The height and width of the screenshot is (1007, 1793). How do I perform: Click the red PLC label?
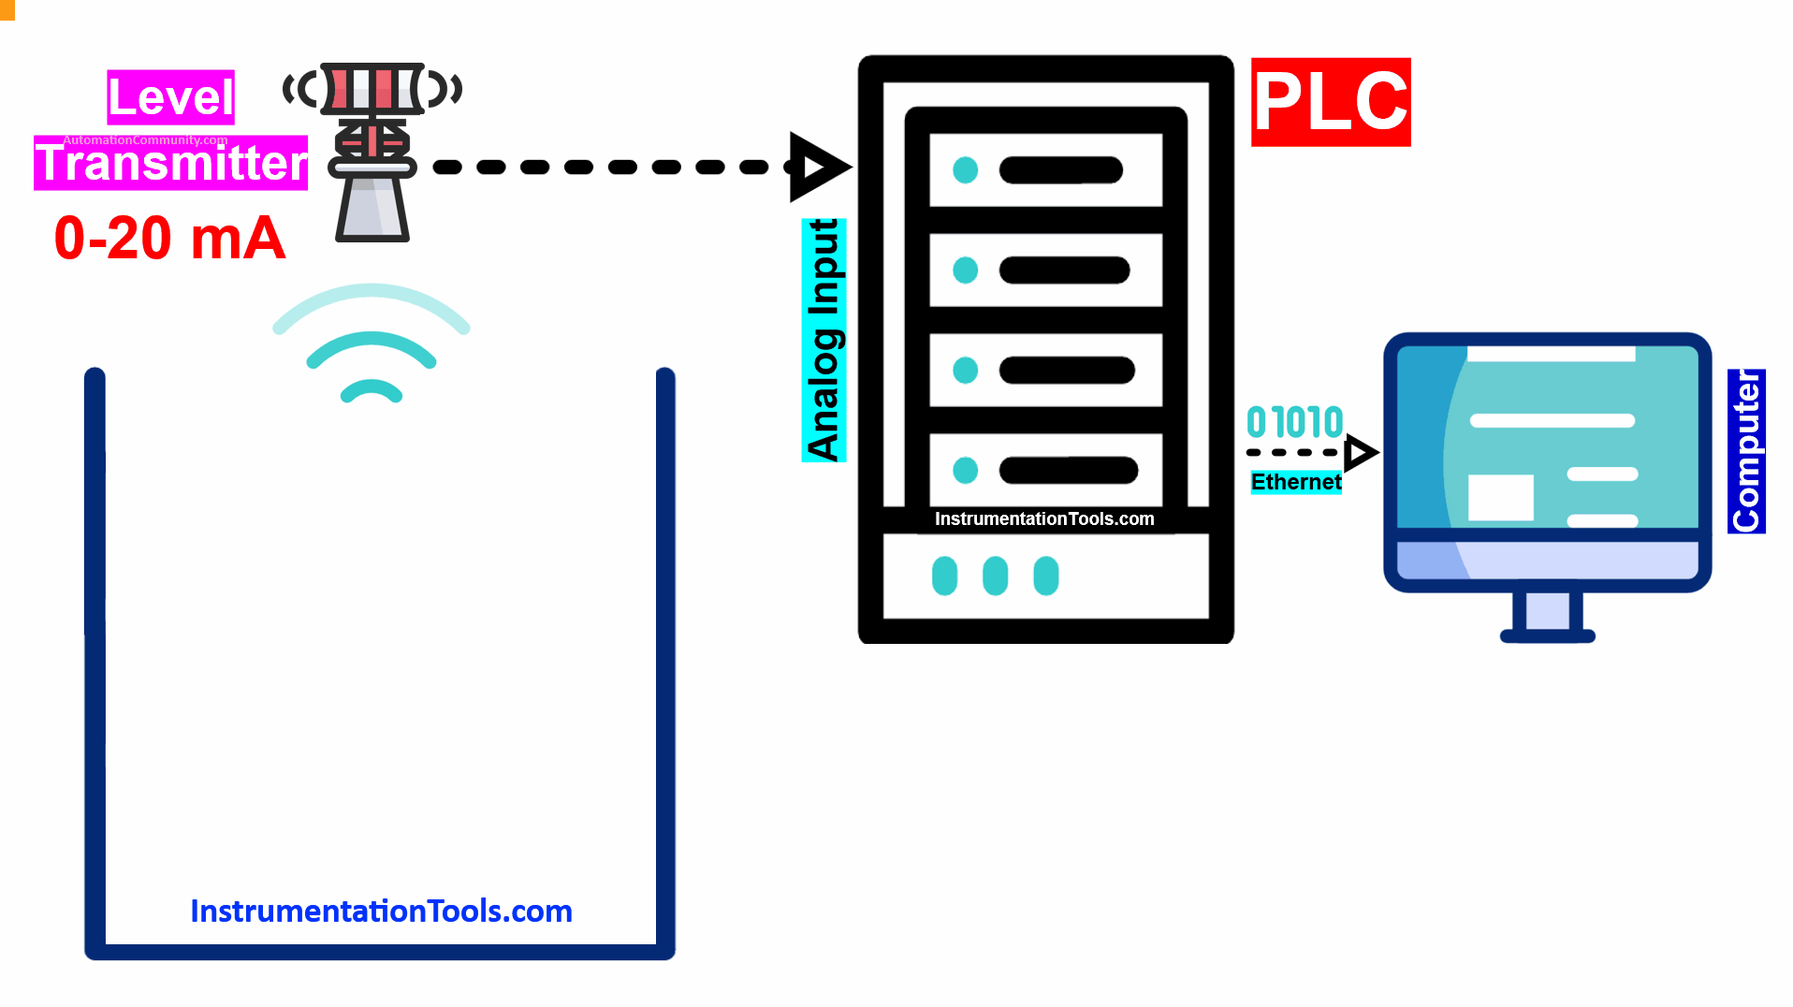tap(1330, 102)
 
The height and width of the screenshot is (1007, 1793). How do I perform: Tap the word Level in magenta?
tap(170, 97)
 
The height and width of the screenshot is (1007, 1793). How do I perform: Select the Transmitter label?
tap(171, 163)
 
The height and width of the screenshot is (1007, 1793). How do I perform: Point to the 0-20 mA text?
tap(169, 238)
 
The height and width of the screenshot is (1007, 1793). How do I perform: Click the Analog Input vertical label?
tap(824, 340)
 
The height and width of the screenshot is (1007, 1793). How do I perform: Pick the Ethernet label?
tap(1296, 482)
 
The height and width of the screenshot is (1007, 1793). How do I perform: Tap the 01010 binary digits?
tap(1295, 422)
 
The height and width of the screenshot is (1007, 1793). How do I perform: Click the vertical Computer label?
tap(1746, 451)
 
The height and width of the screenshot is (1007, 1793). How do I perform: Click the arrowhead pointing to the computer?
tap(1360, 453)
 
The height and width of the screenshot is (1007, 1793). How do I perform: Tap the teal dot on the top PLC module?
tap(965, 170)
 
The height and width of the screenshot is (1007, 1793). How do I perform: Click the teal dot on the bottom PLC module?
tap(965, 470)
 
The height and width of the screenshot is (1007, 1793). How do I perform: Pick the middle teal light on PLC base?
tap(995, 576)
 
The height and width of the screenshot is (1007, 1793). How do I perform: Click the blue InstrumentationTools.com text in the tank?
tap(381, 911)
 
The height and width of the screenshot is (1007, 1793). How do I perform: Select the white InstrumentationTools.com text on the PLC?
tap(1044, 518)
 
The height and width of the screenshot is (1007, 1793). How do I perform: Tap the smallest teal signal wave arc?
tap(372, 390)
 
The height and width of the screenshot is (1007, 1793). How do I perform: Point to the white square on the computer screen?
tap(1500, 497)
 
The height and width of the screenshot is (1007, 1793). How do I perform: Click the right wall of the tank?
tap(665, 655)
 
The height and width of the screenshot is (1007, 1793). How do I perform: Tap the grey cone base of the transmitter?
tap(372, 208)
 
